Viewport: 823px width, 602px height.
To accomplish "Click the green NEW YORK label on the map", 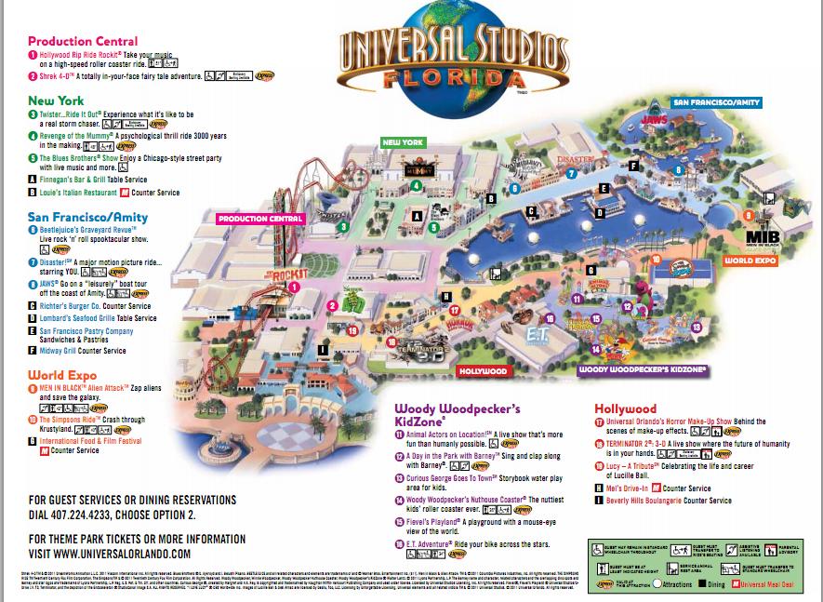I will [402, 142].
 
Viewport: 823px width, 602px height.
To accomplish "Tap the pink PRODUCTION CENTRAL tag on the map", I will [259, 220].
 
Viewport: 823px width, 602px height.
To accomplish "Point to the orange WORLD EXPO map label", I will [750, 261].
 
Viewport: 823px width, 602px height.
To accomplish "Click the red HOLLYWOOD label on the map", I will [484, 371].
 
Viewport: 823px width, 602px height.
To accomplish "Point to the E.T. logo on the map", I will [540, 331].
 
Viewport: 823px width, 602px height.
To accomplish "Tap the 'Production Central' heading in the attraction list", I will [83, 41].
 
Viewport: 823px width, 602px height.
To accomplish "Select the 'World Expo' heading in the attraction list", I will [62, 376].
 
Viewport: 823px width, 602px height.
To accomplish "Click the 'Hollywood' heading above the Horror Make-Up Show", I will [625, 408].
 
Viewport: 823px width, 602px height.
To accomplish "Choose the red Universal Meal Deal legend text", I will [773, 584].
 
